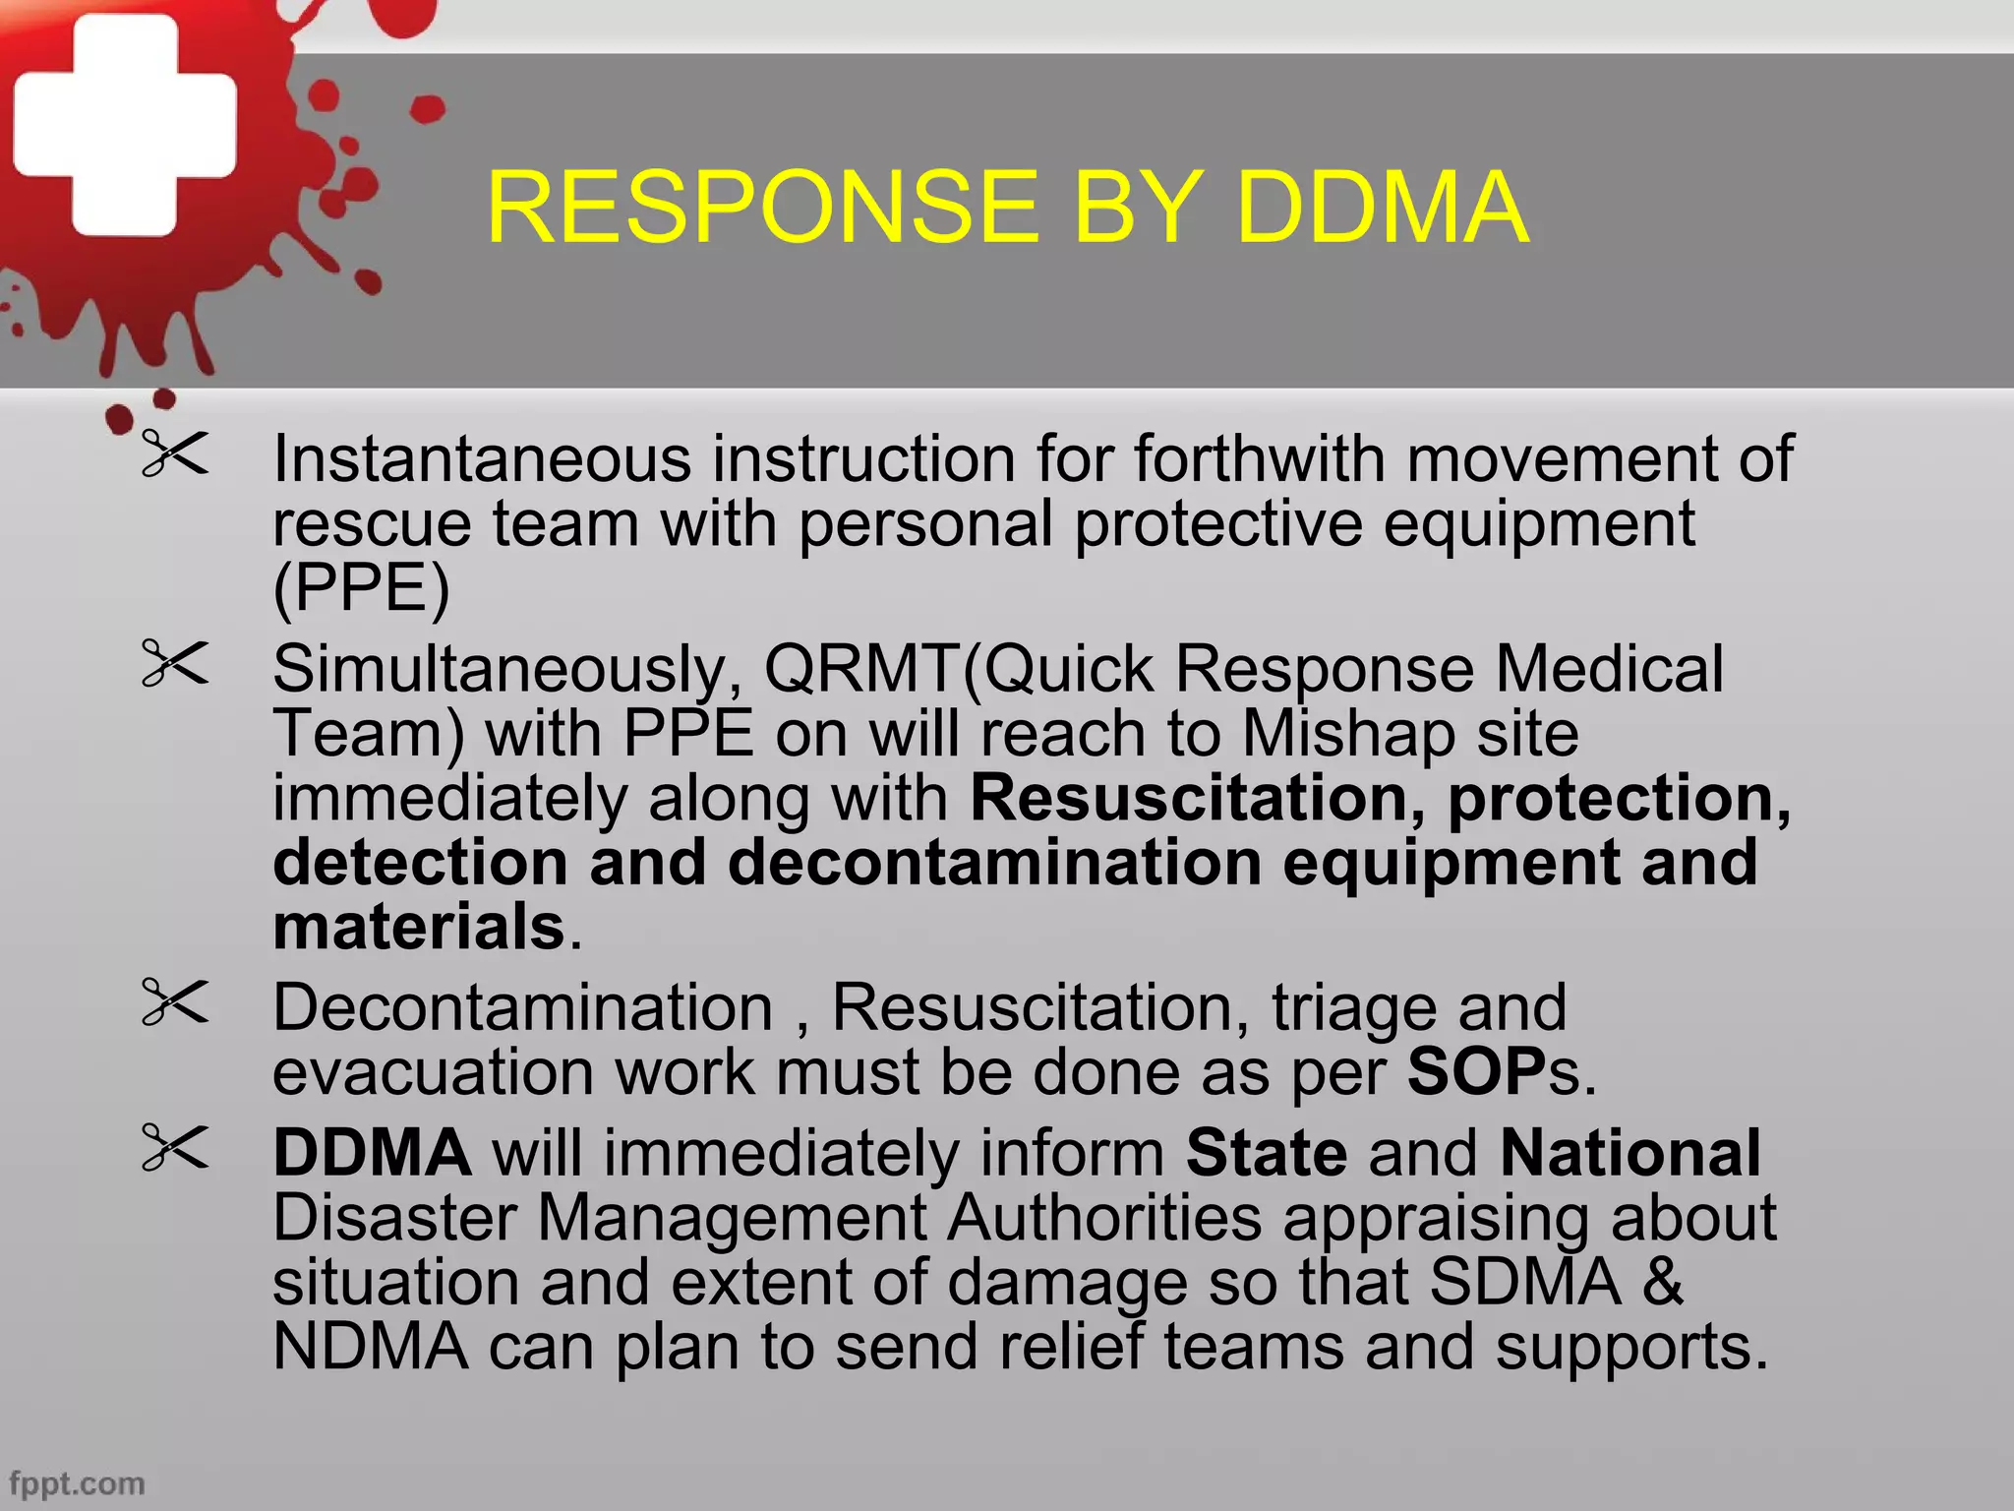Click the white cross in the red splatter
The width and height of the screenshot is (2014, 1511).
[x=125, y=125]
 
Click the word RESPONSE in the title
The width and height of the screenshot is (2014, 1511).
[x=762, y=208]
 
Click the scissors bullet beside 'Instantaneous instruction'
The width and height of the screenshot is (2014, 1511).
[x=175, y=453]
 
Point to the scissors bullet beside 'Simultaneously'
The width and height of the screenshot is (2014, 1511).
[x=175, y=663]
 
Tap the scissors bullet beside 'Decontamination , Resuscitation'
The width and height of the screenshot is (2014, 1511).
[x=175, y=1002]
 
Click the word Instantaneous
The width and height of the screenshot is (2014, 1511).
[x=482, y=459]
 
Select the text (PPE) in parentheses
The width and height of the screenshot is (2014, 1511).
[x=361, y=588]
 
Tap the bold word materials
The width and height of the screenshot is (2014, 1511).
[x=418, y=927]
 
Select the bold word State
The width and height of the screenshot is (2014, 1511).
[x=1267, y=1153]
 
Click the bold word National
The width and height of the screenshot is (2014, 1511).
[x=1630, y=1153]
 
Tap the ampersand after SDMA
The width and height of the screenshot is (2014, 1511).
[x=1662, y=1282]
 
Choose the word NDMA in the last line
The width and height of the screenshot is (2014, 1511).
[x=371, y=1347]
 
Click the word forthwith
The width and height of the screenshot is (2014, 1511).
[x=1259, y=459]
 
